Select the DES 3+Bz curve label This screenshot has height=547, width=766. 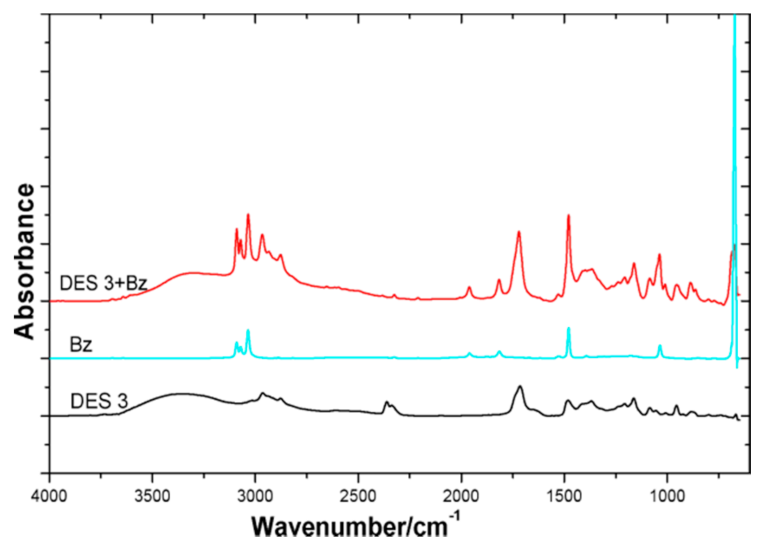[x=103, y=283]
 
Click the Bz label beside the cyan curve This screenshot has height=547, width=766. [x=81, y=344]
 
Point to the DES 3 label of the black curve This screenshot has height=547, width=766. [x=99, y=401]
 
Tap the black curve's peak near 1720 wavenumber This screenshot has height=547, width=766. [x=520, y=386]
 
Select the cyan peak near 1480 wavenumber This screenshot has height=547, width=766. [x=568, y=328]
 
